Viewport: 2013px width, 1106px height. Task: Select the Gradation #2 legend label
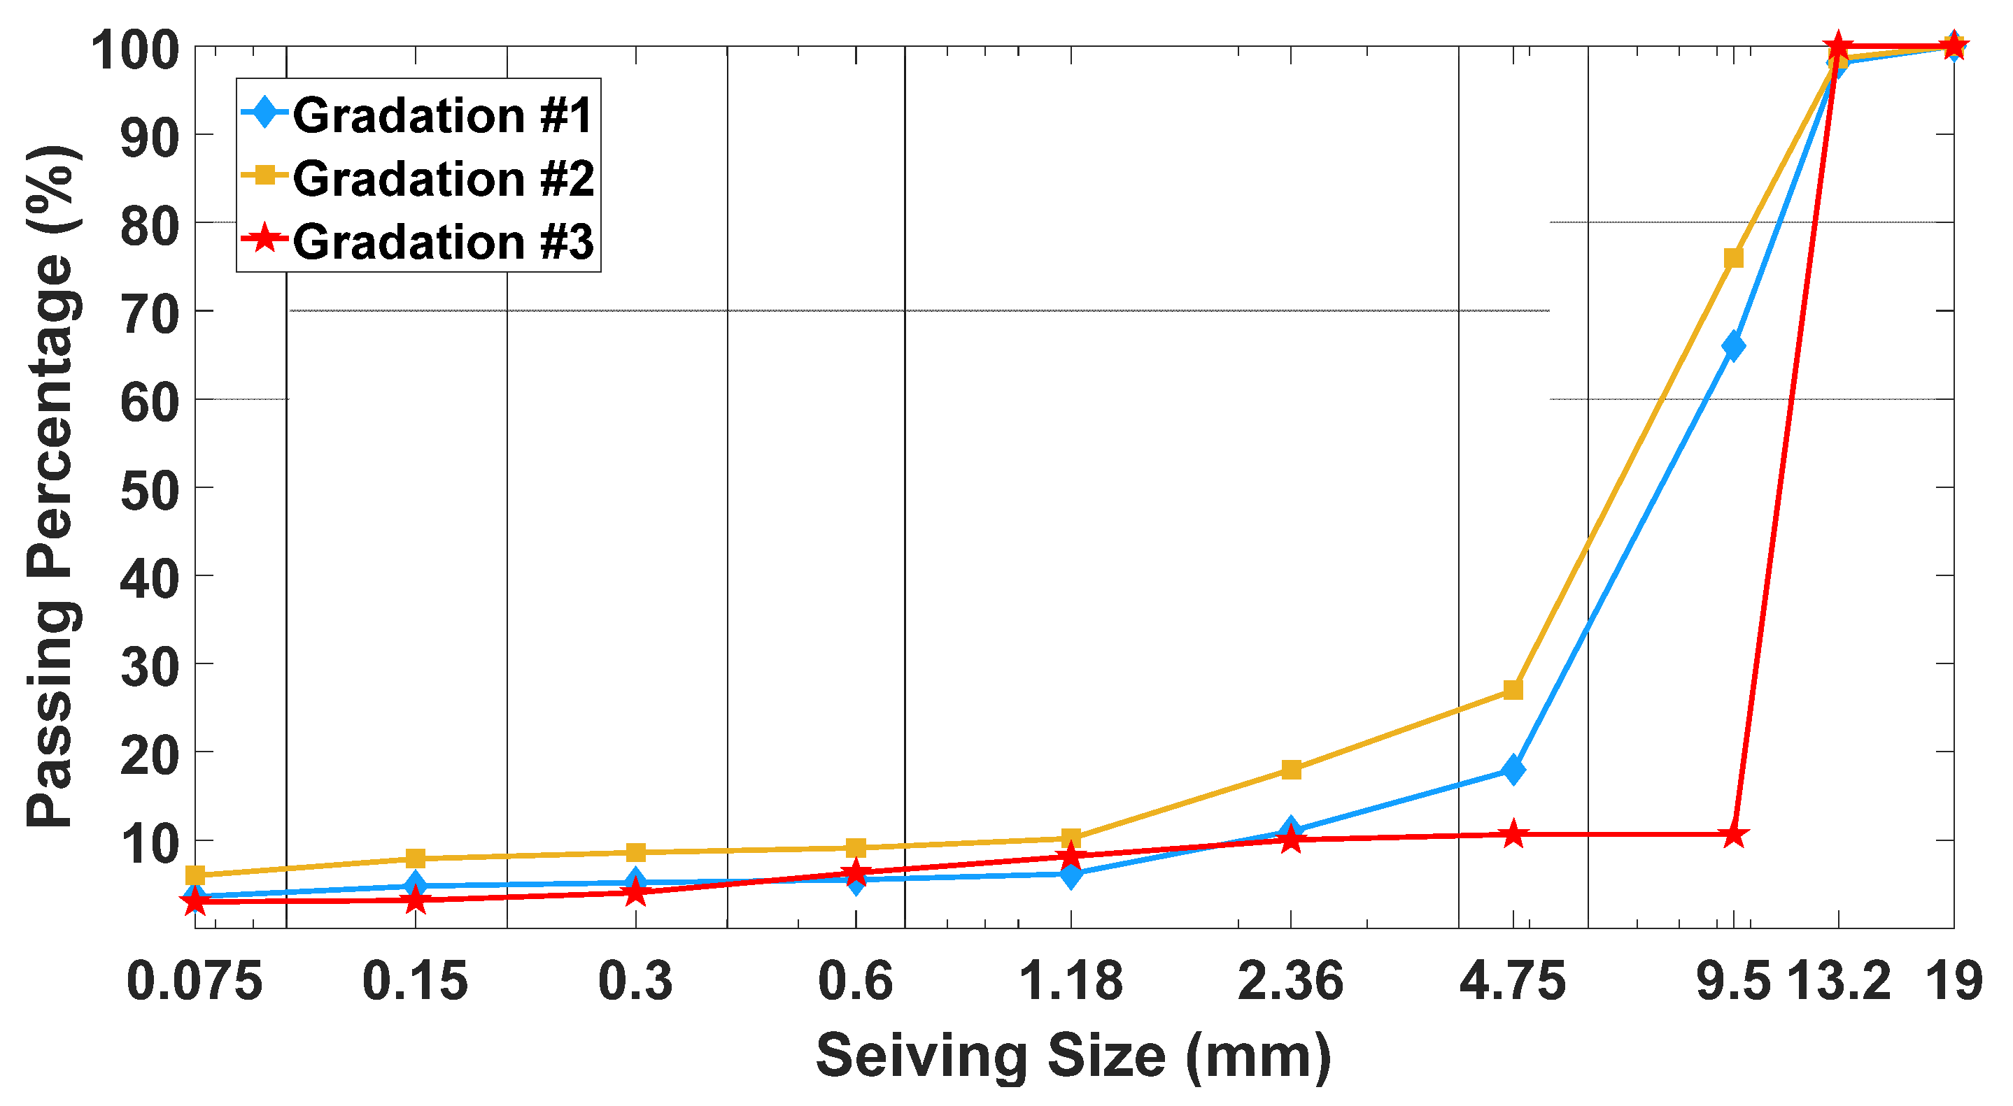click(442, 179)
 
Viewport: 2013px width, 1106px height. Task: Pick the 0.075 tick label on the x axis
click(195, 981)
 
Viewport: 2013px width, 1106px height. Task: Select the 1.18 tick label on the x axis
click(1071, 981)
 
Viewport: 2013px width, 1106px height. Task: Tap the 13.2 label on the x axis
click(1839, 981)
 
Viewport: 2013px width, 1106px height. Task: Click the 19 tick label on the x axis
click(1954, 981)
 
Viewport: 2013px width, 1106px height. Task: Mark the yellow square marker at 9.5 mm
click(1733, 258)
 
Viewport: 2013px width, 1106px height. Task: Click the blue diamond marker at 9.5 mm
click(1733, 346)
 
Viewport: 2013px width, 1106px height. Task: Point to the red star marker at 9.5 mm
click(1733, 835)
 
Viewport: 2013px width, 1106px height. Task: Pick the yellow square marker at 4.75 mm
click(1513, 690)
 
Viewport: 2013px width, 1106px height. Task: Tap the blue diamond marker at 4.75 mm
click(1513, 770)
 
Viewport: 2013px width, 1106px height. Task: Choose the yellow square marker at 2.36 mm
click(1291, 769)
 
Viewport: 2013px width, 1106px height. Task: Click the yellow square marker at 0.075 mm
click(195, 875)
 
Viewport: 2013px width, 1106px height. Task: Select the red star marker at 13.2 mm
click(1839, 46)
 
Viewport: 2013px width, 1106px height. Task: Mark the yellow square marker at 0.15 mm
click(416, 859)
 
